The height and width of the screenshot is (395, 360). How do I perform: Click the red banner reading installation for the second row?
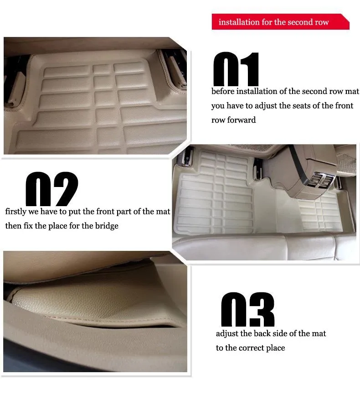(280, 21)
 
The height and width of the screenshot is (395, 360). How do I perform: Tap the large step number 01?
(236, 69)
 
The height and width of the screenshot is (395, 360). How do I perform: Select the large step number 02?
(51, 189)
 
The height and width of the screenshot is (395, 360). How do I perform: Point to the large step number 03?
(247, 309)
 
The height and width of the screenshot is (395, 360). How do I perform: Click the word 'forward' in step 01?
(241, 120)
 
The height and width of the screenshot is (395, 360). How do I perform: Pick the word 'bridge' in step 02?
(107, 226)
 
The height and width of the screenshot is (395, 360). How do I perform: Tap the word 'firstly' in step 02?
(15, 212)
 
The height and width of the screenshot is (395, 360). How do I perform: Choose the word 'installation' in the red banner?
(239, 22)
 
